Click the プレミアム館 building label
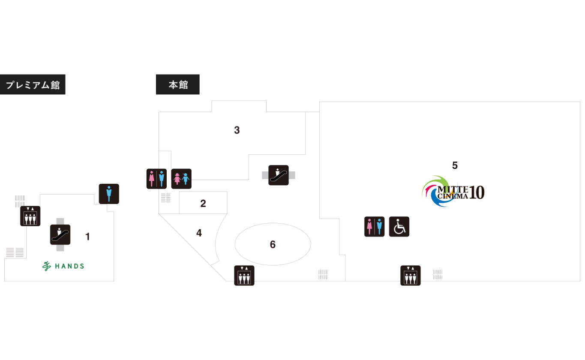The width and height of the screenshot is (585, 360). coord(33,84)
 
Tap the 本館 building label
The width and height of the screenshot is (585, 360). coord(177,84)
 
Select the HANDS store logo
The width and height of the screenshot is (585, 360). coord(63,266)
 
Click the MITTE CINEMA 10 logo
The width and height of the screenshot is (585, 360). coord(453,192)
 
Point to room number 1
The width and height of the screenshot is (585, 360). coord(88,237)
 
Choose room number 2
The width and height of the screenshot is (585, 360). coord(203,204)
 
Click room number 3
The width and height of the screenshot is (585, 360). coord(237,130)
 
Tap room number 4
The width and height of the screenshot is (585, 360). coord(199,233)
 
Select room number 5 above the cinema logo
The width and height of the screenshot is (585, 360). coord(455,165)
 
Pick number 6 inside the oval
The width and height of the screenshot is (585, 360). coord(273,245)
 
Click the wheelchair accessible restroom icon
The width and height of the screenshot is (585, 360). coord(399,227)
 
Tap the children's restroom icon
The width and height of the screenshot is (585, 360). coord(181,179)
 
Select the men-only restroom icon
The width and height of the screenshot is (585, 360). coord(109,194)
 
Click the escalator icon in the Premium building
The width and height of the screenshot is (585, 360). coord(60,234)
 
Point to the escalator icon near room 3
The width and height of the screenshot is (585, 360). coord(279,175)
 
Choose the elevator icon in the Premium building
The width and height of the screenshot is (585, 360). coord(30,216)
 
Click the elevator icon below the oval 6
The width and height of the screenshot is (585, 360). coord(244,276)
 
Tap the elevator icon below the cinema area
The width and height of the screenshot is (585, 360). coord(411,276)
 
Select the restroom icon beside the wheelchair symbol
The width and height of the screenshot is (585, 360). coord(374,227)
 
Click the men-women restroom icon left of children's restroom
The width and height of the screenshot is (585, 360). coord(156,179)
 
